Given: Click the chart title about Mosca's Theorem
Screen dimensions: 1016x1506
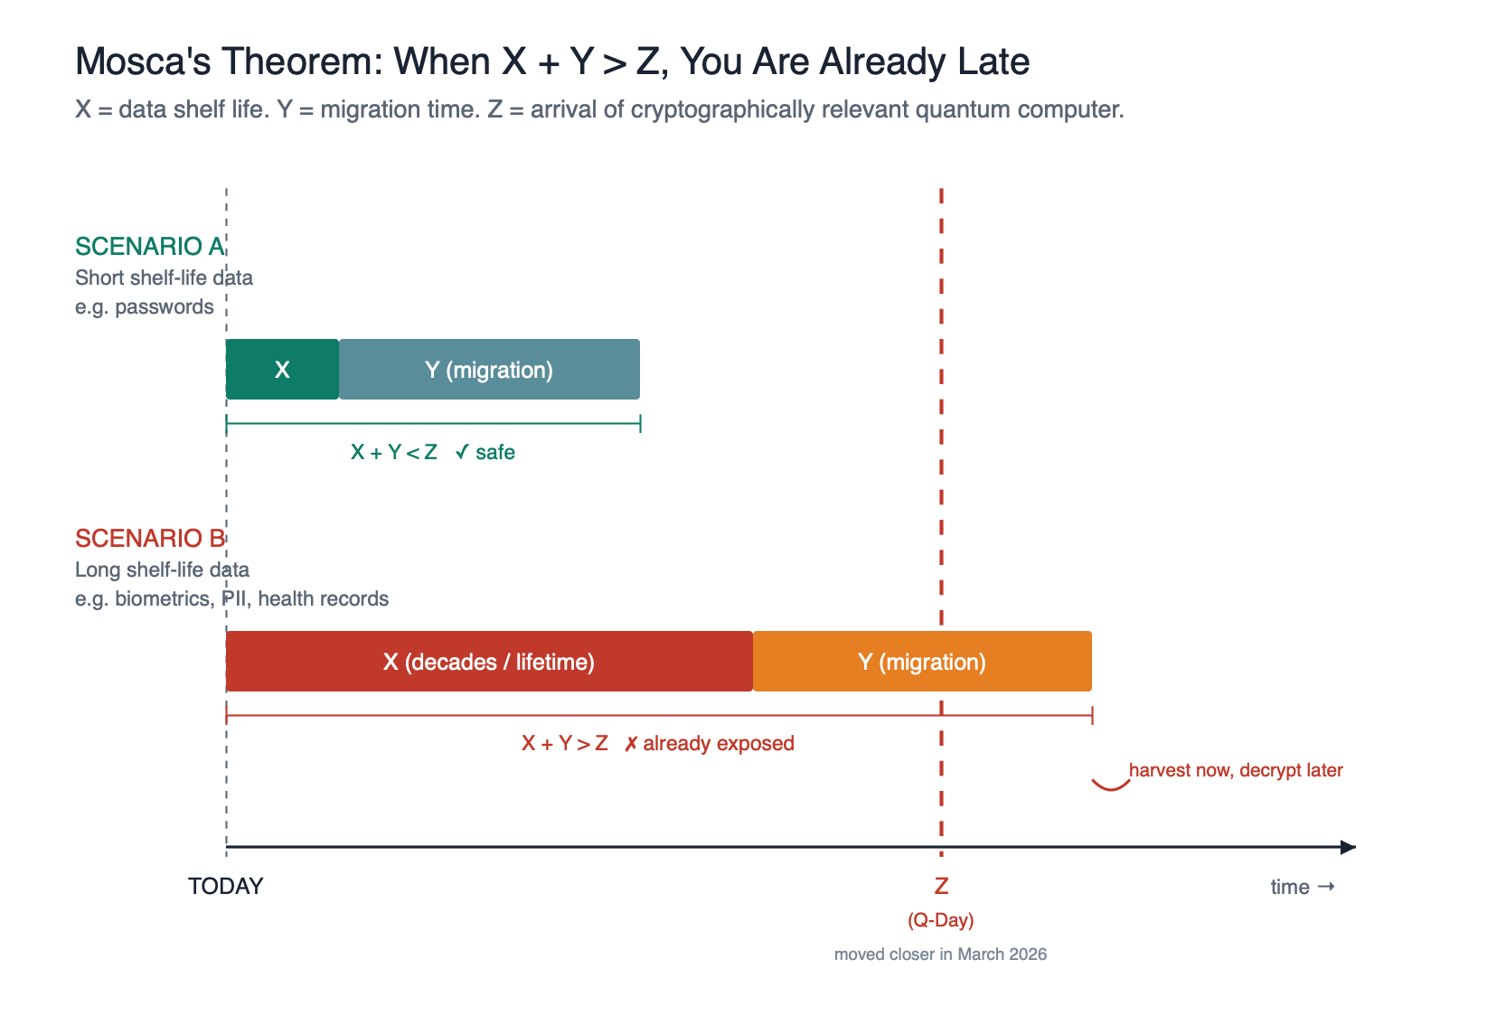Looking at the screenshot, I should coord(551,61).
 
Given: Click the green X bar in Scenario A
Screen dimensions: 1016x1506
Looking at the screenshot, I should coord(282,370).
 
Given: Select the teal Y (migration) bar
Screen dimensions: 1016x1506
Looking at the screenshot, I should coord(489,370).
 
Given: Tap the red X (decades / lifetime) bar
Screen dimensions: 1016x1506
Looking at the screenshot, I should coord(489,662).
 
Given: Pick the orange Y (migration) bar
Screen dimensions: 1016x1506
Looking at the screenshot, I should coord(922,662).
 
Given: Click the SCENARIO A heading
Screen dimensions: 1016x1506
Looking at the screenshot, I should coord(149,247).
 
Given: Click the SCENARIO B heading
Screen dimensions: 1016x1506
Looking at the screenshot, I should coord(149,539).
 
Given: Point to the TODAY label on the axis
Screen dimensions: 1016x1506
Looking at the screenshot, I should coord(225,887).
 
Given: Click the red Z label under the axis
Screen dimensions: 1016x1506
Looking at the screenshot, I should coord(941,887).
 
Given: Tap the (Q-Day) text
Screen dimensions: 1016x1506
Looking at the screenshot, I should coord(941,920).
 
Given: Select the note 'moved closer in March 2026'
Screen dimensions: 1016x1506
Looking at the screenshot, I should coord(940,955).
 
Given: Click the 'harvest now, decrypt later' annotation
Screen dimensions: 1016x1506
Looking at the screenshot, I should coord(1235,771).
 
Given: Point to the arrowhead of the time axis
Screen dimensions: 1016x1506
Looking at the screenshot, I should coord(1348,847).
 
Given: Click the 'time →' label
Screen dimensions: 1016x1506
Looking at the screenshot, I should coord(1302,887).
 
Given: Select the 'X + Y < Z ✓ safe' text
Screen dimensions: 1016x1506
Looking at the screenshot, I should coord(432,453).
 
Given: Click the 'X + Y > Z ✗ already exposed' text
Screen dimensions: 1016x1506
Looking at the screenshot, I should coord(657,744).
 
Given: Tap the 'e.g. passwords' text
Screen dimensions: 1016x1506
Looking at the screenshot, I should coord(145,307).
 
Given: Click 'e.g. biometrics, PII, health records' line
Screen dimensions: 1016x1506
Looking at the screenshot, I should coord(231,599).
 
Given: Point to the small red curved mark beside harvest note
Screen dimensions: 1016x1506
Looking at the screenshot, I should coord(1111,785).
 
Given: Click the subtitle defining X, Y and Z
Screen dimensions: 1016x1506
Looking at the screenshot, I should coord(598,110).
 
